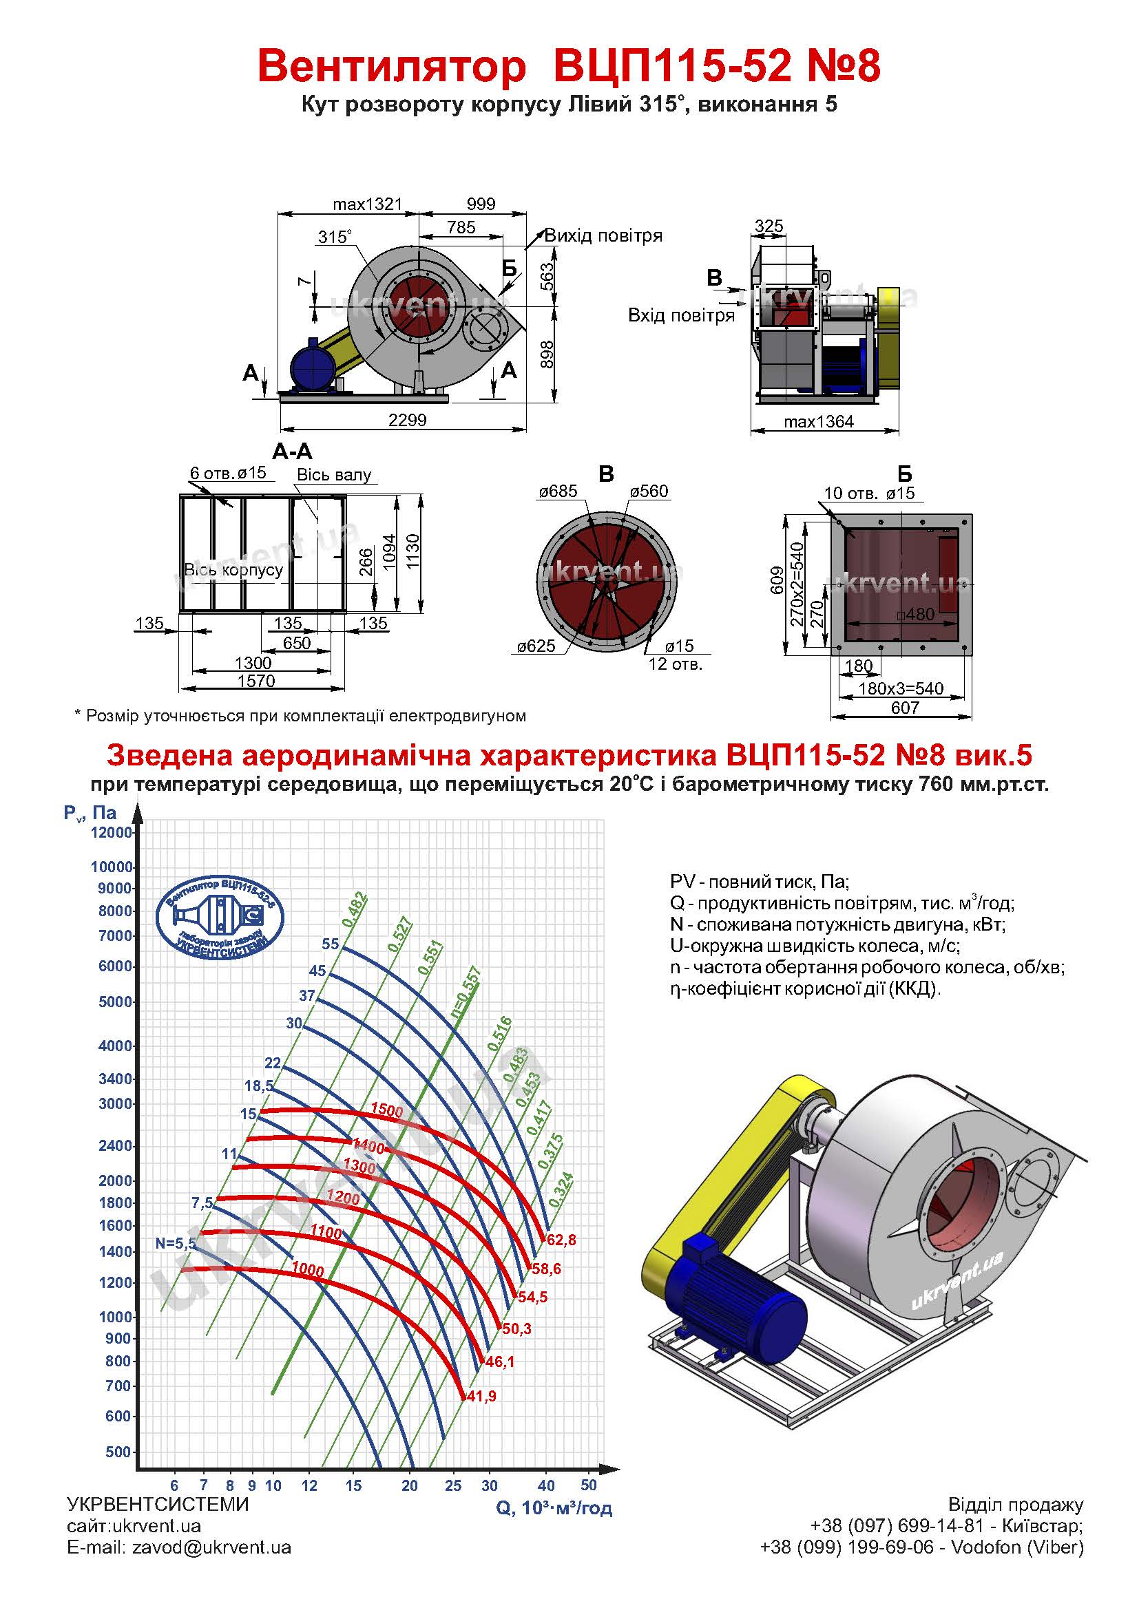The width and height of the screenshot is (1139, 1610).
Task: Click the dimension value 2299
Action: pyautogui.click(x=408, y=420)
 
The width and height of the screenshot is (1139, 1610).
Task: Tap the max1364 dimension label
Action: pyautogui.click(x=819, y=421)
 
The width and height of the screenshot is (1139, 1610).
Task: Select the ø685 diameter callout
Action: pyautogui.click(x=558, y=491)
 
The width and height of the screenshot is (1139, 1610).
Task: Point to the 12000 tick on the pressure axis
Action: pyautogui.click(x=112, y=832)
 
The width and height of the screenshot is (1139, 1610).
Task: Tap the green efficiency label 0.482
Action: pyautogui.click(x=354, y=910)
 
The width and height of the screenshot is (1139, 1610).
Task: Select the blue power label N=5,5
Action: pyautogui.click(x=176, y=1243)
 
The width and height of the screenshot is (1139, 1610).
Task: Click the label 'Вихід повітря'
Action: pyautogui.click(x=603, y=235)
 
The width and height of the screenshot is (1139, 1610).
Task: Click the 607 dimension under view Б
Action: pyautogui.click(x=905, y=708)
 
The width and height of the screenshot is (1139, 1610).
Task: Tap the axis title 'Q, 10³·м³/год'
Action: pyautogui.click(x=554, y=1507)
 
